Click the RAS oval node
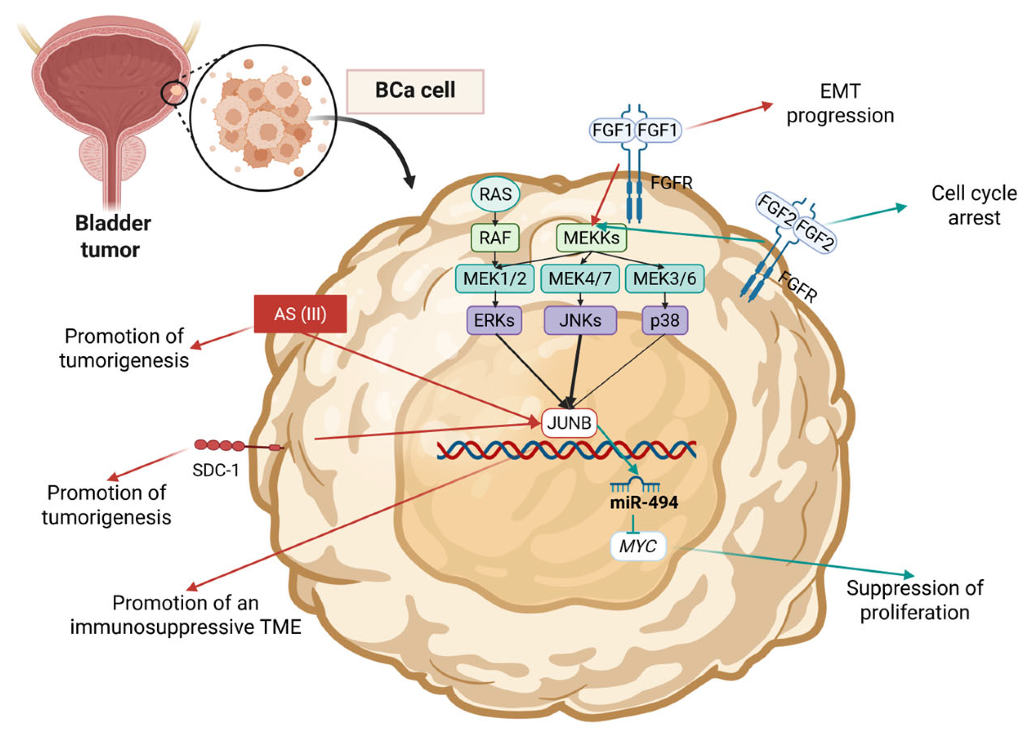pyautogui.click(x=495, y=195)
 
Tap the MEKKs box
pyautogui.click(x=591, y=238)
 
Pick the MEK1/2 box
pyautogui.click(x=494, y=278)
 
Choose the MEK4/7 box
pyautogui.click(x=580, y=278)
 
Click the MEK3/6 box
pyautogui.click(x=665, y=278)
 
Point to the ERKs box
pyautogui.click(x=494, y=320)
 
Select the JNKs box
pyautogui.click(x=580, y=320)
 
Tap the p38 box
pyautogui.click(x=665, y=320)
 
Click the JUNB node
pyautogui.click(x=569, y=423)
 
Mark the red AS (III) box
pyautogui.click(x=300, y=314)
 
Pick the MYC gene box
pyautogui.click(x=638, y=546)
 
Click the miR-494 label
pyautogui.click(x=644, y=502)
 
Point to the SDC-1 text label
pyautogui.click(x=215, y=470)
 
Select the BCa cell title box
pyautogui.click(x=415, y=91)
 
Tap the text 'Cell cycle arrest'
pyautogui.click(x=975, y=206)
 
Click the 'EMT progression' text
pyautogui.click(x=840, y=103)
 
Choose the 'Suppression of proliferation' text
pyautogui.click(x=915, y=601)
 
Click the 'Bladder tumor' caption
pyautogui.click(x=113, y=236)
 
